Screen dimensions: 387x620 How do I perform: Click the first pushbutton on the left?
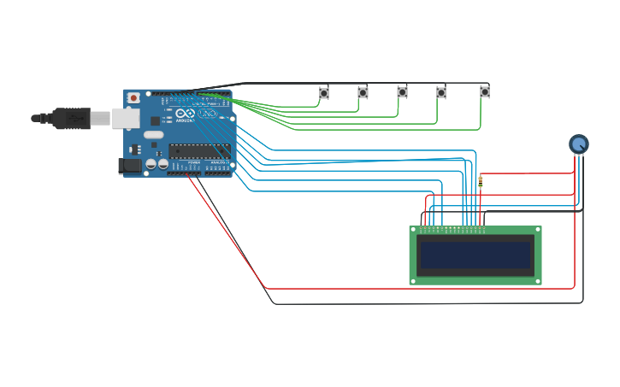pos(324,92)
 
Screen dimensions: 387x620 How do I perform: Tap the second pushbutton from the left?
pos(363,92)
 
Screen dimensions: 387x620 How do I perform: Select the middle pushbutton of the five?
pos(402,92)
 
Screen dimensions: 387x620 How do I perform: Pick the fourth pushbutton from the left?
pos(441,92)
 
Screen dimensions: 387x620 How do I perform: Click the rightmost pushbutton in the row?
pos(485,91)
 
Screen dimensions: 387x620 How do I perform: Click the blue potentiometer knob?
pos(579,144)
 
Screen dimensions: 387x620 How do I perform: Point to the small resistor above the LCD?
pos(480,181)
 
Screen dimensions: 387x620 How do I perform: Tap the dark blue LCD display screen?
pos(475,255)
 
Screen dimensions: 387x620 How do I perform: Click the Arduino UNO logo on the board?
pos(198,114)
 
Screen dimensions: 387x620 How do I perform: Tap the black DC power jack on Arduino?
pos(130,166)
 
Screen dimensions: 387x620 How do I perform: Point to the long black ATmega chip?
pos(198,151)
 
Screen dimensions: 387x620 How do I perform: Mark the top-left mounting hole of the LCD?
pos(414,231)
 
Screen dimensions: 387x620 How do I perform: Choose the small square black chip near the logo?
pos(156,121)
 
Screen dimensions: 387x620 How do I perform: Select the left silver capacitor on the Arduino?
pos(151,163)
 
